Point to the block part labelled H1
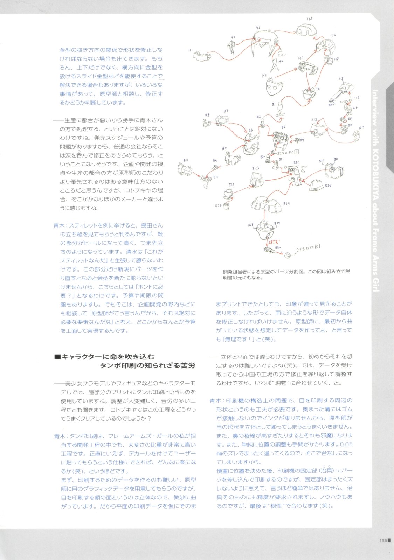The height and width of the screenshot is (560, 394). click(202, 55)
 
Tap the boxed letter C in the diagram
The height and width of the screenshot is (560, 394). click(317, 247)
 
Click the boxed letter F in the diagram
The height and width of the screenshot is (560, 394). click(297, 152)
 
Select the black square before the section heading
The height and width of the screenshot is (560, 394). click(57, 357)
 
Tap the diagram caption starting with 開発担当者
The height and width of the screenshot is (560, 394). click(286, 274)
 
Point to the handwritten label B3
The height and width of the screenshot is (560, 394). click(226, 111)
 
